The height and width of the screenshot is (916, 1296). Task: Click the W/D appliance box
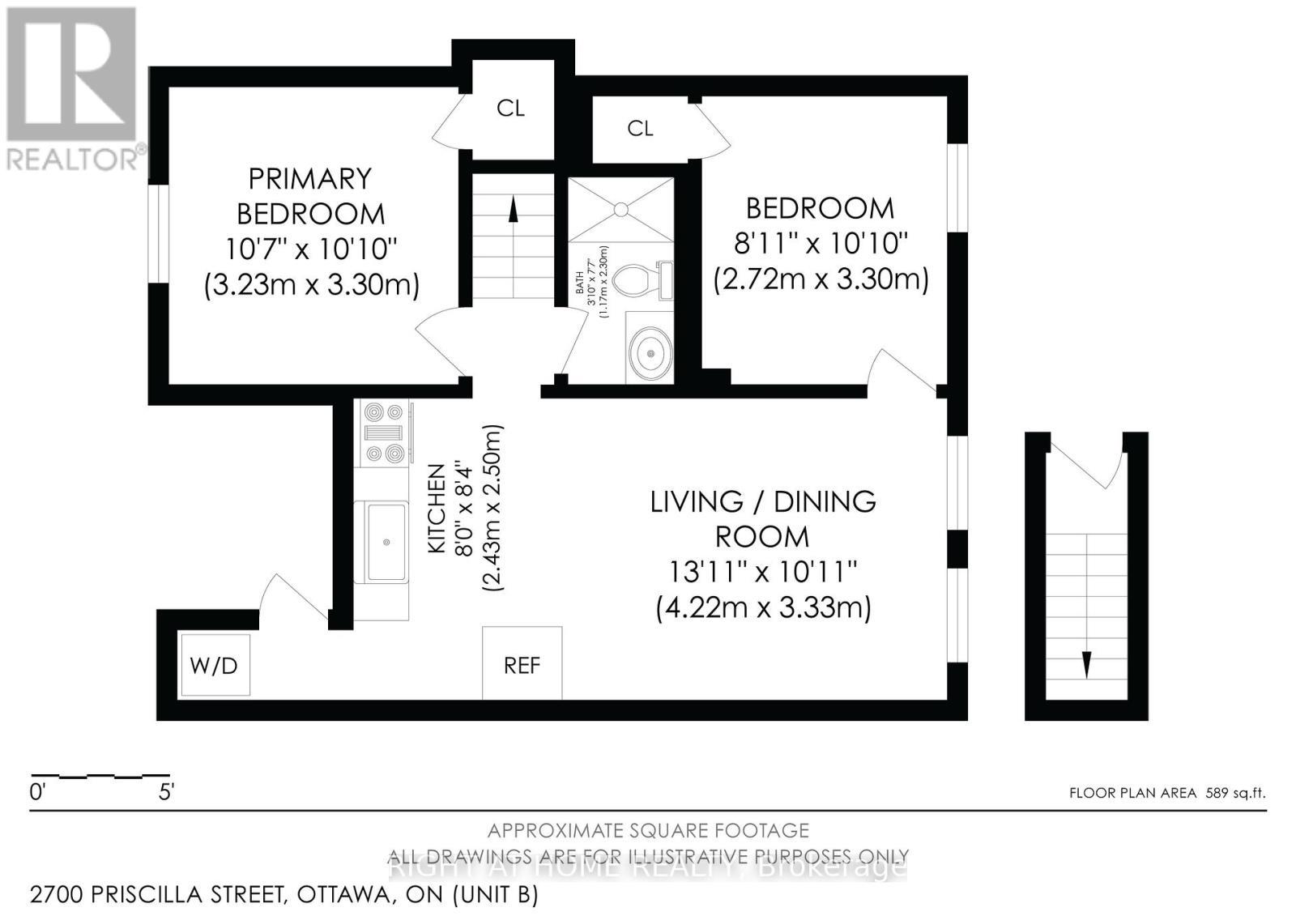click(x=215, y=665)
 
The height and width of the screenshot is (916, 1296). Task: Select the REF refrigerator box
click(x=522, y=664)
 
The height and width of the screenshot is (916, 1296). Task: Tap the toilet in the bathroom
click(x=643, y=280)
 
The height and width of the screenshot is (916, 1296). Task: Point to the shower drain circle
click(x=620, y=210)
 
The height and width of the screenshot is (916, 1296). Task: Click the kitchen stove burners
click(x=384, y=433)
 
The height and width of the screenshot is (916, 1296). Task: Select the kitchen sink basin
click(x=386, y=541)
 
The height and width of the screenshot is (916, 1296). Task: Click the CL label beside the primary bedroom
click(x=510, y=109)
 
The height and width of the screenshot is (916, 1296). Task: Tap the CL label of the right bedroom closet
click(x=640, y=128)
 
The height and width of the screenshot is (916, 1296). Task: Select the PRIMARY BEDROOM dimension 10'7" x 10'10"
click(x=311, y=249)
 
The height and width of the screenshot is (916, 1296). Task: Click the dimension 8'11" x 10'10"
click(x=820, y=243)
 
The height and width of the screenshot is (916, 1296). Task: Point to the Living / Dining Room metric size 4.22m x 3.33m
click(x=763, y=607)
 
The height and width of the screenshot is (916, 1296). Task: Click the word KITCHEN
click(x=437, y=509)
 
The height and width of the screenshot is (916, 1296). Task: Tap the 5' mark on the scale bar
click(x=165, y=792)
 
